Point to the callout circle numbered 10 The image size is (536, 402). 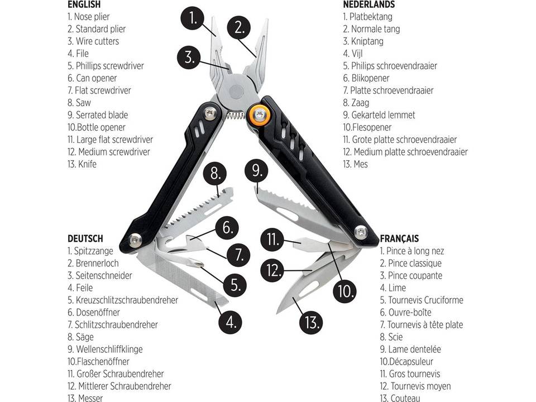[x=346, y=290]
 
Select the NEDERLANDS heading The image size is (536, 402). [x=368, y=4]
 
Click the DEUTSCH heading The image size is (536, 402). [x=85, y=238]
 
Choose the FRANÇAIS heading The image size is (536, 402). [x=399, y=238]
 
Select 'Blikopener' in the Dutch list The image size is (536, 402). [x=370, y=78]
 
